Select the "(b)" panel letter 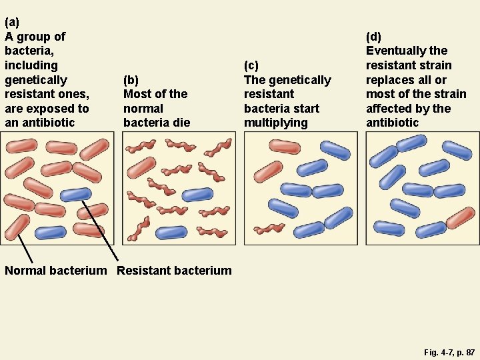(x=131, y=79)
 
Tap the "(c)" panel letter (x=251, y=65)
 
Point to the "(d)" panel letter (x=374, y=36)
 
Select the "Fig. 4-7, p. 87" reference (x=449, y=351)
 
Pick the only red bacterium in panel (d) (x=461, y=217)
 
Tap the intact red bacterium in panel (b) (x=141, y=167)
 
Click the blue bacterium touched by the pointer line (x=75, y=194)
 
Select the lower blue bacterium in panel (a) (x=50, y=233)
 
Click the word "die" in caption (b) (x=181, y=123)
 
